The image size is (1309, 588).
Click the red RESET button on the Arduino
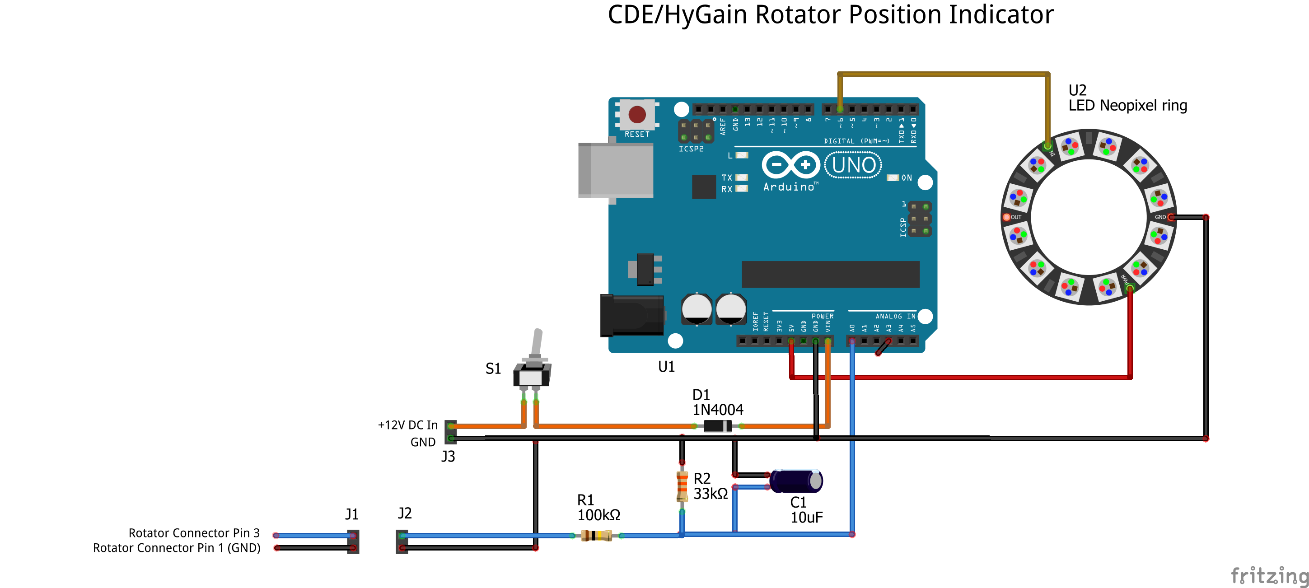pos(637,114)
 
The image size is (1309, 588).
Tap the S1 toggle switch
pos(532,364)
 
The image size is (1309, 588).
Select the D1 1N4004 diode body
pos(717,426)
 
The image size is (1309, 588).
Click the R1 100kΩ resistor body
pos(596,535)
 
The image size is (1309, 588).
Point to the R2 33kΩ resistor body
pos(682,486)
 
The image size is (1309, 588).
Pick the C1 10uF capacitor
pos(796,481)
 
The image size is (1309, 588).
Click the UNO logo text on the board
pos(854,165)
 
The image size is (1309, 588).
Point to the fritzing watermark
pos(1269,576)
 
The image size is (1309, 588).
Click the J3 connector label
pos(448,457)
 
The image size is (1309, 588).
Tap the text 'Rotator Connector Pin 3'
pos(194,532)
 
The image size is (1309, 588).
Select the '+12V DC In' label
pos(407,425)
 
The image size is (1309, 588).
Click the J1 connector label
pos(351,514)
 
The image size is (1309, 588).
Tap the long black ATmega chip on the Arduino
pos(830,275)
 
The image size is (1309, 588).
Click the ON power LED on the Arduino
pos(893,178)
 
